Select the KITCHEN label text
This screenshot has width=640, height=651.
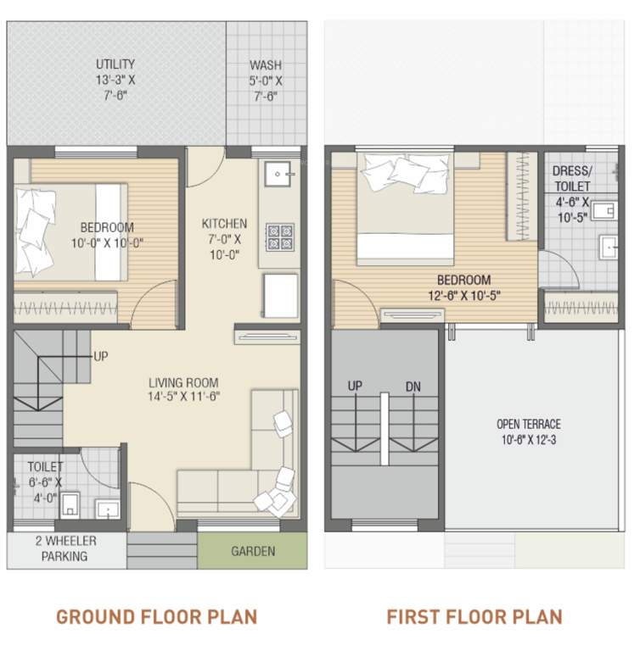[224, 224]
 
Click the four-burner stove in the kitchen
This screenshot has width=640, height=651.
[281, 236]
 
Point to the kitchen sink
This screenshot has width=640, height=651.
[278, 175]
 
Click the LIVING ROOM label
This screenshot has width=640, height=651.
[183, 381]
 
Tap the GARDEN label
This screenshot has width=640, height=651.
[253, 552]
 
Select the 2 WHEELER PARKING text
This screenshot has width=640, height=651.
[66, 549]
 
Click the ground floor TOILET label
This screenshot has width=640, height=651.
[44, 466]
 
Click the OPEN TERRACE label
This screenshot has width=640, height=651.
[529, 424]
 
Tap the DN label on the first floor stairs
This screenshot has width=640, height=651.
[413, 387]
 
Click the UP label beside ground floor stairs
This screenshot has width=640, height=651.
[101, 356]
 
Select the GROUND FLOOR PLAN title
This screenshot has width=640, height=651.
[156, 616]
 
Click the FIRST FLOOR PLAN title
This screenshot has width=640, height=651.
[474, 616]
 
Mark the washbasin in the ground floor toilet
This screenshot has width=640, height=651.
[107, 509]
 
